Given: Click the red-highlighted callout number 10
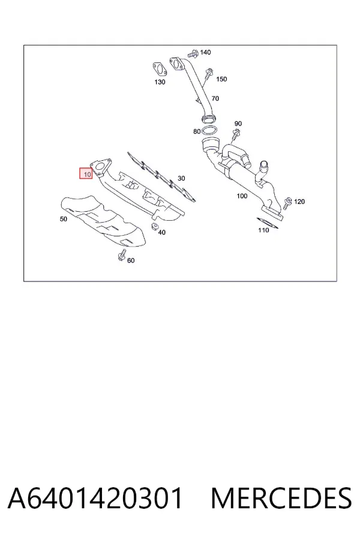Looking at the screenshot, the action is [x=86, y=174].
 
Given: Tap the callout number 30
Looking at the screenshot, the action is [x=181, y=178].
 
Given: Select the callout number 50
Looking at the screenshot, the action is [x=64, y=218].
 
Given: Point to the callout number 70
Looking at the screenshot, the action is [x=215, y=98].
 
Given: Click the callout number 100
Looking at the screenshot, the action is [x=242, y=196].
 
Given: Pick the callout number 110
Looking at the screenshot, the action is [x=263, y=230].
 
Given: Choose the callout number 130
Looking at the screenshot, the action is [x=160, y=82].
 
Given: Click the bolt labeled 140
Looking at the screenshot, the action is [x=193, y=54].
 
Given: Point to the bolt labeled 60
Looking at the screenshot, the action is [x=121, y=256].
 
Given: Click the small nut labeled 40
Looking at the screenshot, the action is [x=154, y=227].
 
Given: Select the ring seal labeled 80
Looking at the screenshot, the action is [x=209, y=131].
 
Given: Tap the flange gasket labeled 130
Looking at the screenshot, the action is [x=160, y=68].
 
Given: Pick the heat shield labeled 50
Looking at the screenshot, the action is [x=104, y=221].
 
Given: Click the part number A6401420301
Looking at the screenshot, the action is [x=95, y=498].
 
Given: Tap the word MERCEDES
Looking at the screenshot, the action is [x=281, y=498].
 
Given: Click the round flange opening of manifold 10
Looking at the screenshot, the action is [x=100, y=167].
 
